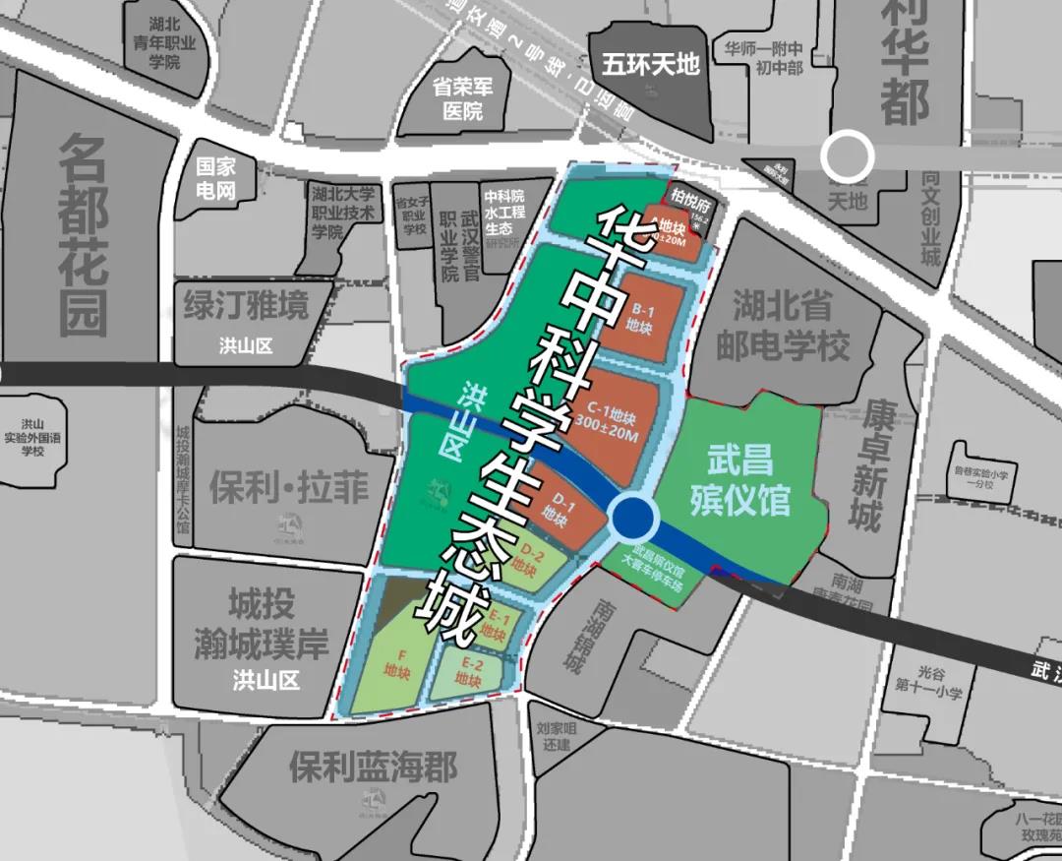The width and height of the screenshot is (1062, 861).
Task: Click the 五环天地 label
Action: point(651,65)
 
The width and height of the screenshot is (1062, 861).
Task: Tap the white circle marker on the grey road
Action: point(848,155)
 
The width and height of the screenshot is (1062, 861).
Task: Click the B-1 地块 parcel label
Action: point(640,317)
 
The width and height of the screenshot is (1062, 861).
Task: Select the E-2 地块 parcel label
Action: point(469,673)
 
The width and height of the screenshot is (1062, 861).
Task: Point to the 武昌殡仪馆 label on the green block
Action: point(739,480)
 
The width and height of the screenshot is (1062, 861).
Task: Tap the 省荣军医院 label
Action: point(462,97)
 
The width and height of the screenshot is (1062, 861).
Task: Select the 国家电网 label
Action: point(215,179)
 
